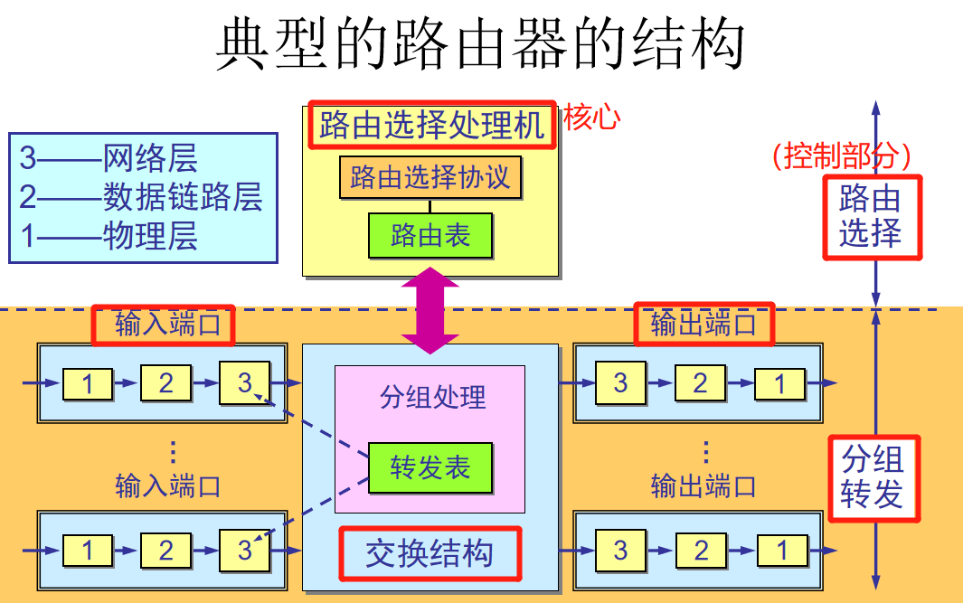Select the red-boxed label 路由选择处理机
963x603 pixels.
431,125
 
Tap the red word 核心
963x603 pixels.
591,118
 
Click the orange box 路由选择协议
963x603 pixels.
430,177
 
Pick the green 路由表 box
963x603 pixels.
430,236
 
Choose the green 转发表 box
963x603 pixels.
430,467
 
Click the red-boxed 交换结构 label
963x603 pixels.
430,553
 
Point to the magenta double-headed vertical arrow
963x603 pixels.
430,310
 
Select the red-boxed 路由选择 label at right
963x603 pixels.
871,216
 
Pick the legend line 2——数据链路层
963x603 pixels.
141,197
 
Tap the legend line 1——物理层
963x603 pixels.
109,235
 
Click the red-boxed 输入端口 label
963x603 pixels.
164,325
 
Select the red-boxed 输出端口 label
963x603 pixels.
703,325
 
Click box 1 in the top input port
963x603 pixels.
88,384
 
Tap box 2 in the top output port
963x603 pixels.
700,383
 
